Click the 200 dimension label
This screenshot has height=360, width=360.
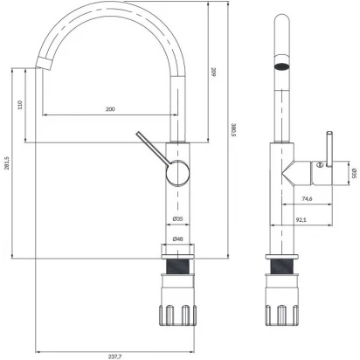(110, 109)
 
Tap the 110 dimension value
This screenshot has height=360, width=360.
(20, 105)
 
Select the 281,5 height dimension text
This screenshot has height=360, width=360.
(7, 163)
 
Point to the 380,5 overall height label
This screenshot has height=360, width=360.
(233, 130)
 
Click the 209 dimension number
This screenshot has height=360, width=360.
(213, 72)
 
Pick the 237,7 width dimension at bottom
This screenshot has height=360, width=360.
(114, 357)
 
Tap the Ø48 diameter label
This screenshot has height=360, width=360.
(177, 239)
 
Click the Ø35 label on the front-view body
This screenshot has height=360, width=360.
(177, 218)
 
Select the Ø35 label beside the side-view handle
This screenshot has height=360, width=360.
(354, 173)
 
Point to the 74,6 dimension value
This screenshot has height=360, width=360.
(307, 199)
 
